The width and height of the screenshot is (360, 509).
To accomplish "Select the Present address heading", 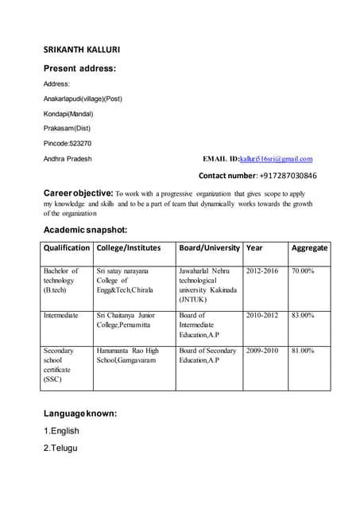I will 79,68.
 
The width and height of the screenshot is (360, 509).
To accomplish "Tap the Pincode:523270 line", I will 68,143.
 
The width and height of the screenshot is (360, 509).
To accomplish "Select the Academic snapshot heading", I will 85,230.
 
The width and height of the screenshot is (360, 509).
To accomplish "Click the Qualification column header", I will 66,248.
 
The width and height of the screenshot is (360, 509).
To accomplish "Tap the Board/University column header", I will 209,248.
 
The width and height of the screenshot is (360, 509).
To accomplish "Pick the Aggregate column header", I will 309,248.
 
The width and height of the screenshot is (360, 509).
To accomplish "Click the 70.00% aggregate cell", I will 303,272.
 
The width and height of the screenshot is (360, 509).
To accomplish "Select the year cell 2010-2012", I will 263,316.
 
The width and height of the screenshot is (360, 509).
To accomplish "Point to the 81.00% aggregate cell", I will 303,351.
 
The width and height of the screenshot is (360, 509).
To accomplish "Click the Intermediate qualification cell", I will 61,316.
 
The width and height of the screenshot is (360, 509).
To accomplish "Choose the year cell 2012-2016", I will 263,272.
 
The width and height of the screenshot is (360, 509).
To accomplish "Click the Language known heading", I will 80,414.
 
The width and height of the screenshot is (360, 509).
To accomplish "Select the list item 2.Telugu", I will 61,449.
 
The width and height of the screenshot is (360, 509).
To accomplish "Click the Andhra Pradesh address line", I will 68,159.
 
